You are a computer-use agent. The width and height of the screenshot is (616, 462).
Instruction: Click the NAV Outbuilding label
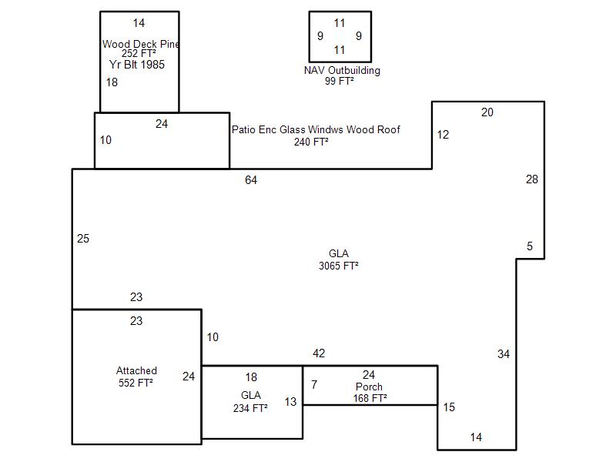pos(342,70)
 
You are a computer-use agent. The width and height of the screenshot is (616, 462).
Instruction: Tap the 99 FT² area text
pos(340,80)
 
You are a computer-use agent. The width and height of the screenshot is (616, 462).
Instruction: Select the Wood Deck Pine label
pos(141,44)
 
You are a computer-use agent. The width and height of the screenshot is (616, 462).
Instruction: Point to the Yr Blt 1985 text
pos(137,65)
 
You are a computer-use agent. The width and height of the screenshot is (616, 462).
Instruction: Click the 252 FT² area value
pos(139,54)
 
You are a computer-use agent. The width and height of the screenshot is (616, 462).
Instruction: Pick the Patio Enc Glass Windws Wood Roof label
pos(316,129)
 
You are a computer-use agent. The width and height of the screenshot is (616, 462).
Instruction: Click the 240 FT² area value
pos(311,141)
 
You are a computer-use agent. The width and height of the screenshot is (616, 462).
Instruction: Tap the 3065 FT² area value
pos(339,266)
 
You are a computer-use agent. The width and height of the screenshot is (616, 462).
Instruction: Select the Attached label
pos(136,370)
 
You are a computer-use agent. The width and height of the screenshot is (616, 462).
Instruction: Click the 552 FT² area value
pos(136,382)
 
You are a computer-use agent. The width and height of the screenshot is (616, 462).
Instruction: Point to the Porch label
pos(369,387)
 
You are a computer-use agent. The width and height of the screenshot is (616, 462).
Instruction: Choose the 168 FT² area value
pos(370,398)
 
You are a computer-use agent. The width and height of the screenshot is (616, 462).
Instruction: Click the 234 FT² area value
pos(250,408)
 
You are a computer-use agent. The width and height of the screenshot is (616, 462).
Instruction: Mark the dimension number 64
pos(251,180)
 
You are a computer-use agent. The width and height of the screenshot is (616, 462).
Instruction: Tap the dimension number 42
pos(319,353)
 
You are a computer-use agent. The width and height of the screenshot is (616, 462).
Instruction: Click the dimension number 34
pos(504,354)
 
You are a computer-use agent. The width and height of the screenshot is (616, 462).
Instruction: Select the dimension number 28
pos(532,179)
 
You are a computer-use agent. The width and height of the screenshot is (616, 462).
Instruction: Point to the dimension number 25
pos(83,239)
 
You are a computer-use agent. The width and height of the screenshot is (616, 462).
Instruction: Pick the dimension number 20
pos(487,112)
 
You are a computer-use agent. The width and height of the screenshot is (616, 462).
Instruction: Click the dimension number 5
pos(530,246)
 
